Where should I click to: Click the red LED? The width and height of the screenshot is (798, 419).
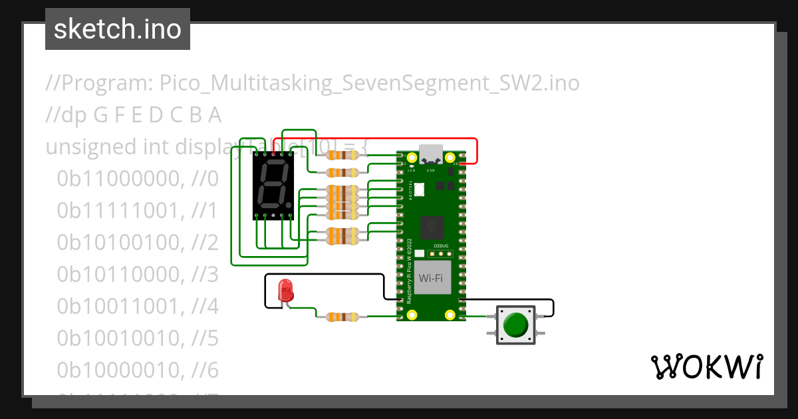point(285,291)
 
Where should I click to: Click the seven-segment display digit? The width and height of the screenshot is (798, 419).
point(273,185)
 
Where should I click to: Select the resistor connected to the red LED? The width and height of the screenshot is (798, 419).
point(341,317)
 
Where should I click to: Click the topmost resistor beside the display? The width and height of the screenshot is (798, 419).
point(341,156)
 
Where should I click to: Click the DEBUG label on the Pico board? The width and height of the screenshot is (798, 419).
point(440,245)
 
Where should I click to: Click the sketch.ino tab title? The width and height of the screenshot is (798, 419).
point(118,29)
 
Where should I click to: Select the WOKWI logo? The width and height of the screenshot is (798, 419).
point(706,366)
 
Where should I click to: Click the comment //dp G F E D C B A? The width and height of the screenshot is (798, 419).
point(133,115)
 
